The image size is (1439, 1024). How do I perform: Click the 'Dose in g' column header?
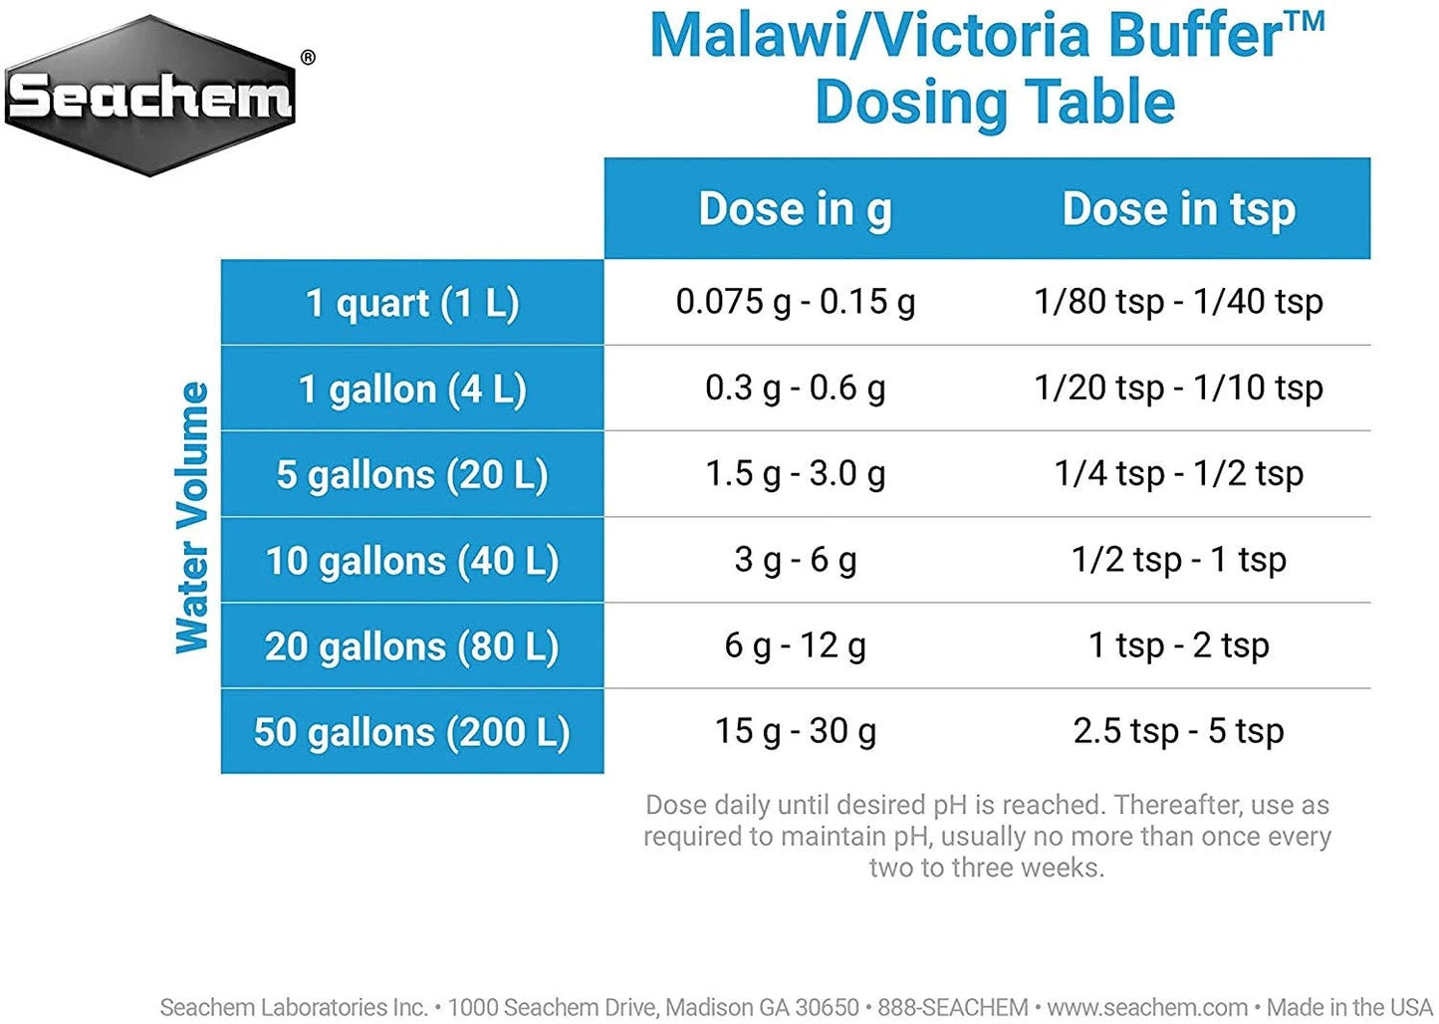[795, 209]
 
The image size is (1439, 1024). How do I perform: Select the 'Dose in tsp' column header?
[1178, 209]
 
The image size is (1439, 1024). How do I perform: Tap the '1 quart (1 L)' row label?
[412, 303]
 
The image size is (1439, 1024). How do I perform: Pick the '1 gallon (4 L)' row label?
[412, 388]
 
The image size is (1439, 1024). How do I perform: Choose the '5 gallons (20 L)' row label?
[412, 474]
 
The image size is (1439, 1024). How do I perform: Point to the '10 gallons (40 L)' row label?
[412, 561]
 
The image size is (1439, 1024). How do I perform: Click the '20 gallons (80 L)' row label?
[412, 646]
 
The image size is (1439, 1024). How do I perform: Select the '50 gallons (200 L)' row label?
[412, 732]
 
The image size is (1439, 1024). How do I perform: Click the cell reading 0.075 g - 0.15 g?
[795, 301]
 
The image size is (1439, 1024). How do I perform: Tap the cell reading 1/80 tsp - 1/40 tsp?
[1178, 301]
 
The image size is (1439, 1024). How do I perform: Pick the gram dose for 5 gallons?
[795, 473]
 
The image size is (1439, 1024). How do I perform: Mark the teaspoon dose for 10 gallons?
[1178, 560]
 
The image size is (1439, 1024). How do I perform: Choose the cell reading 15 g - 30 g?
[795, 731]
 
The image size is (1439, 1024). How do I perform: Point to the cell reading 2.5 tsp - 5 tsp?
[1178, 731]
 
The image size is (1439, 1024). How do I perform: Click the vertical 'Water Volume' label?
[192, 517]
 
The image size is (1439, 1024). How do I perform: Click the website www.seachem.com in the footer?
[1146, 1007]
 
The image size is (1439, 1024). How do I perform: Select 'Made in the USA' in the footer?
[1349, 1007]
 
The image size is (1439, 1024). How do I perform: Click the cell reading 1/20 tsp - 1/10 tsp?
[1178, 387]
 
